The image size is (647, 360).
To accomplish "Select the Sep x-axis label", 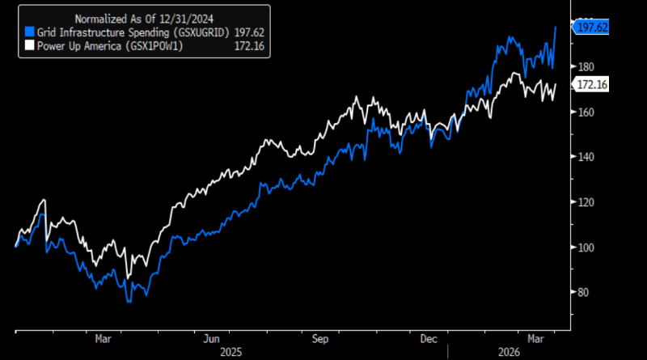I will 321,338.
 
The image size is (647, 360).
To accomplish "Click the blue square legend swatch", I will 30,31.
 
